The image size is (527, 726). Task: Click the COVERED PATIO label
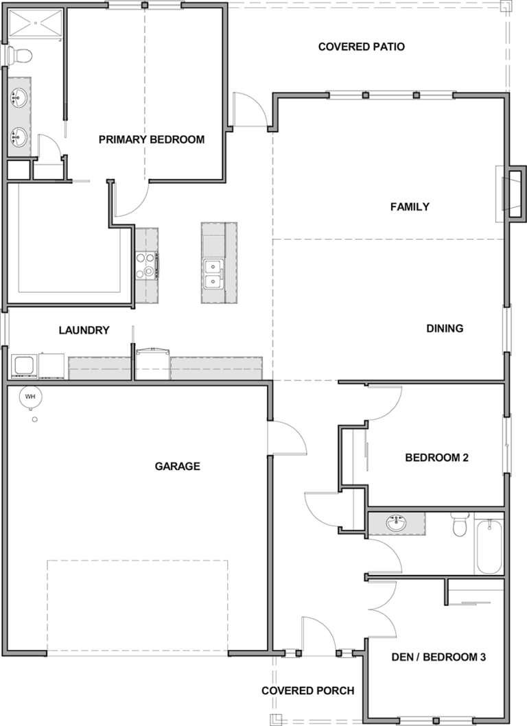[x=361, y=47]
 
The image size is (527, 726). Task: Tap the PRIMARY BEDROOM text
[x=152, y=139]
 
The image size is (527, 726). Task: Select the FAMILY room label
[x=410, y=207]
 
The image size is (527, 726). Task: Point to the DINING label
[x=445, y=328]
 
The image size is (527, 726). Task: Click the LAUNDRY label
[x=84, y=330]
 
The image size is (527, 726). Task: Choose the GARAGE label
[x=177, y=466]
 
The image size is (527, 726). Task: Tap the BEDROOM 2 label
[x=436, y=458]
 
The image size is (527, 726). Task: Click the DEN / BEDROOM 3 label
[x=438, y=657]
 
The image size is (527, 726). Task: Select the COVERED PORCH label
[x=308, y=691]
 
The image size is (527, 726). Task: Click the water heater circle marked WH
[x=30, y=397]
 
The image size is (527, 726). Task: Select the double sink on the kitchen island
[x=213, y=274]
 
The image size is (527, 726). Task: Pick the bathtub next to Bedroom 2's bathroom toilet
[x=488, y=547]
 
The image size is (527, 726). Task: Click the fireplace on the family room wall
[x=513, y=194]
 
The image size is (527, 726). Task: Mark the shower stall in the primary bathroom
[x=35, y=22]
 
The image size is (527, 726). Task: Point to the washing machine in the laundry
[x=24, y=366]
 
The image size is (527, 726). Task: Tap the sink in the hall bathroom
[x=397, y=523]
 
